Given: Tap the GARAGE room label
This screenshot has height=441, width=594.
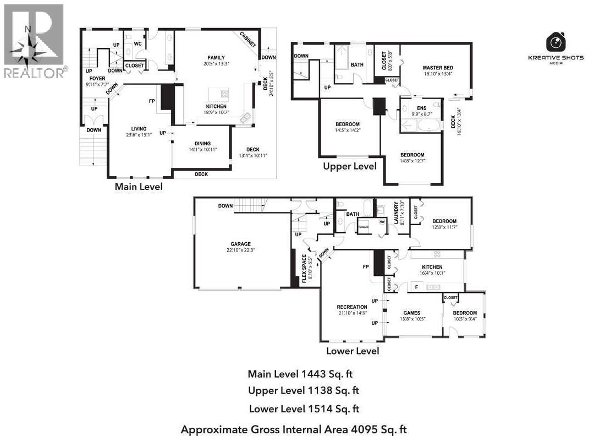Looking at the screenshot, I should coord(240,244).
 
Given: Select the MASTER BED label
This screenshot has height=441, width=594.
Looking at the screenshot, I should coord(438,68).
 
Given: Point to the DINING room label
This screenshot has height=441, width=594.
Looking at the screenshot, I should coord(202,144).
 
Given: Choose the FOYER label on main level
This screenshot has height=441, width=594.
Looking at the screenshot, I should coord(97,79).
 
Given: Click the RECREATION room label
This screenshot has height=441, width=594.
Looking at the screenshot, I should coord(352,307).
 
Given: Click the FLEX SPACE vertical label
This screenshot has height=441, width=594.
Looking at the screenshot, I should coord(304,268).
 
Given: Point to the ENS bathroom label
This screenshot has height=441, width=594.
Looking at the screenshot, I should coord(421,108).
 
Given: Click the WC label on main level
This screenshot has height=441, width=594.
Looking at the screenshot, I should coord(138,43).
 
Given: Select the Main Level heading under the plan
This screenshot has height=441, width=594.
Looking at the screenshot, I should coord(138,187).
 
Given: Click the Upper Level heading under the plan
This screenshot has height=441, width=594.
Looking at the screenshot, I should coord(349,166).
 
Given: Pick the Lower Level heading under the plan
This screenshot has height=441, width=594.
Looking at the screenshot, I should coord(352,351).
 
